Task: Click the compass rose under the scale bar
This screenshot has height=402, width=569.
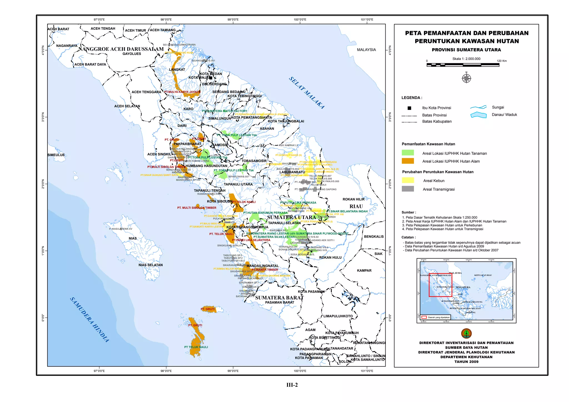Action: coord(466,79)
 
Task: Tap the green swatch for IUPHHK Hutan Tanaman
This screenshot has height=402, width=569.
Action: coord(408,153)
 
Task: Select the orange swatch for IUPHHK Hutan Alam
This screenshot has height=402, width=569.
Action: coord(408,161)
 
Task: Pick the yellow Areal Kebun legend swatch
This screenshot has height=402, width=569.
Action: coord(408,180)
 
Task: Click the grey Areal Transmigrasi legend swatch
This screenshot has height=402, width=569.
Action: coord(408,189)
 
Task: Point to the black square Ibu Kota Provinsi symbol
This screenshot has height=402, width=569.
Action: coord(409,108)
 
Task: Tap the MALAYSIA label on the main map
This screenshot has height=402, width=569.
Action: coord(366,50)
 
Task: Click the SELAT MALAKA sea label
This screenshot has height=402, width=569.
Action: coord(306,93)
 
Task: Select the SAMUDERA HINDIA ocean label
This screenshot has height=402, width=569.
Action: coord(89,320)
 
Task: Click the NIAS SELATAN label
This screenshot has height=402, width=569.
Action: coord(151,265)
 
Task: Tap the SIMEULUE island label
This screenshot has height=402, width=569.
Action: coord(56,155)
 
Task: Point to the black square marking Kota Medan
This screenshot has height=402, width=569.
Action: coord(211,78)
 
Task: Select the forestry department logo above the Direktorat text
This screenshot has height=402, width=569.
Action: coord(466,333)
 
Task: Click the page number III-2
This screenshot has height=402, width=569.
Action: coord(292,385)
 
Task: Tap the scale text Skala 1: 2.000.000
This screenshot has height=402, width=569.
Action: coord(466,59)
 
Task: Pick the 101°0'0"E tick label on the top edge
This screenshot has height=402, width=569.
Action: coord(367,20)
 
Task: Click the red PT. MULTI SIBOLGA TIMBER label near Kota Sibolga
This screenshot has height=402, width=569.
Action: coord(197,208)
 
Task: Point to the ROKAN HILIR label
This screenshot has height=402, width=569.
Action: coord(353,199)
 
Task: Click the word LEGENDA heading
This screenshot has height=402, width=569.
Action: coord(411,98)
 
